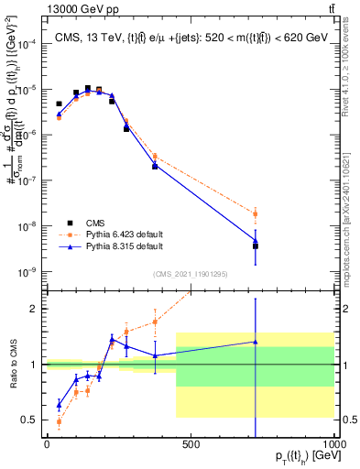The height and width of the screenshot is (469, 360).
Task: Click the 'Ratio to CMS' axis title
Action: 12,366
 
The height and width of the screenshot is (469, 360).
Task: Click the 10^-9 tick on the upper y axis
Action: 27,272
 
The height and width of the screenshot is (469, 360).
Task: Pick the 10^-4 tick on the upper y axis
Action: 27,44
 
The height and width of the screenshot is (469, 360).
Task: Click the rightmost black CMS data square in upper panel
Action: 256,245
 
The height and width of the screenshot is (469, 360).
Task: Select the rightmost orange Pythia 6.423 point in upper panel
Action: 256,213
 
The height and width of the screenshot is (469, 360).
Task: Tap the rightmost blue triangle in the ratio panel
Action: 256,342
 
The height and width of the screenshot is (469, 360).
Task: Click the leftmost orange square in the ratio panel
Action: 60,421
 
